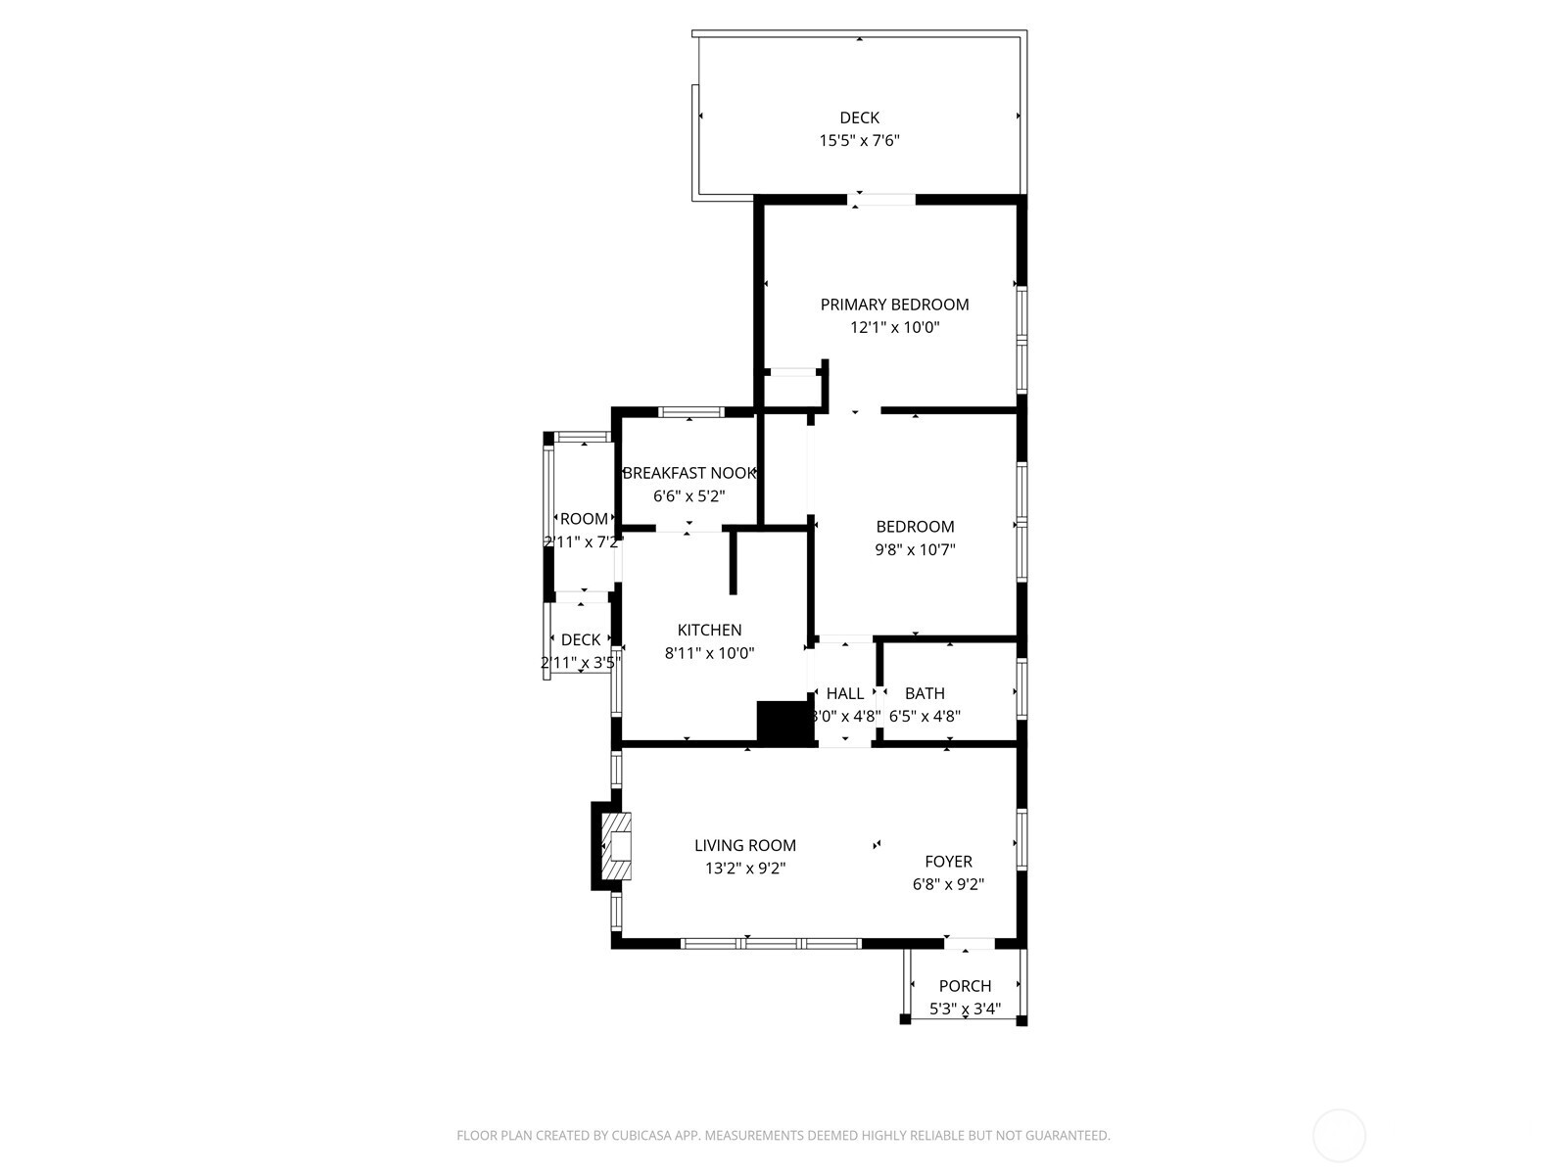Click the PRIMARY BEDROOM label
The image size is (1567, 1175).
tap(894, 305)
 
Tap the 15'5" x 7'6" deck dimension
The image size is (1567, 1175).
tap(859, 141)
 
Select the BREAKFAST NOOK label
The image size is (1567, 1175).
tap(689, 473)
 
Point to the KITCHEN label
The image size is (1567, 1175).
tap(709, 631)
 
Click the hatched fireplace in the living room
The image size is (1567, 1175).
tap(615, 845)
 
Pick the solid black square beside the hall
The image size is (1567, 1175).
tap(785, 724)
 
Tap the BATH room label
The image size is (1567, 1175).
tap(925, 693)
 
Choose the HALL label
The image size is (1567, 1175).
tap(844, 693)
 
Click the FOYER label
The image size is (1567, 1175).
tap(948, 862)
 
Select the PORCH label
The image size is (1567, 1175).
tap(965, 986)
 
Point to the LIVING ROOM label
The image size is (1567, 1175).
tap(744, 846)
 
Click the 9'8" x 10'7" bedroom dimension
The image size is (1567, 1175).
tap(915, 550)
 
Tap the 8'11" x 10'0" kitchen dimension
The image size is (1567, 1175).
tap(709, 653)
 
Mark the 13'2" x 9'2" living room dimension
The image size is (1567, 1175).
tap(744, 869)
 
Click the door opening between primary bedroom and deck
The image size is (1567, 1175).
tap(881, 200)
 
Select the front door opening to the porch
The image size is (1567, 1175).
tap(969, 943)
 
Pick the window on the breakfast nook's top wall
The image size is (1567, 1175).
tap(690, 412)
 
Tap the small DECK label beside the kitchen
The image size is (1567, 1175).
tap(580, 640)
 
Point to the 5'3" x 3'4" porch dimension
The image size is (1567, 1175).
tap(965, 1009)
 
